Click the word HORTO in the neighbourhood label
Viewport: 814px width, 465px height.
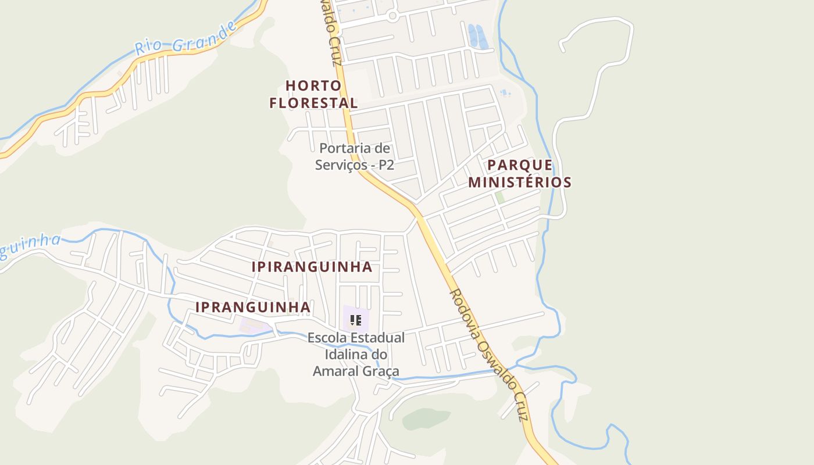tap(313, 85)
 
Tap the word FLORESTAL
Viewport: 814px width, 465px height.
tap(313, 103)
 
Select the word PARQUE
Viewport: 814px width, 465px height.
tap(520, 164)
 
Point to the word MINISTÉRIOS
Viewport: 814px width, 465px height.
tap(520, 182)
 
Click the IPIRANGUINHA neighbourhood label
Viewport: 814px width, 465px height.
tap(312, 267)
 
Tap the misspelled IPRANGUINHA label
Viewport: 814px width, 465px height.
tap(252, 306)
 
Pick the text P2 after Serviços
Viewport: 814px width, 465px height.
tap(386, 165)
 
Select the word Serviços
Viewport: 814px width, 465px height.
tap(342, 165)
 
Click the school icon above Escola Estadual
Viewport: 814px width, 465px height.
tap(356, 320)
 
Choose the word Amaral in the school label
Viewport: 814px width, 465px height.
tap(334, 371)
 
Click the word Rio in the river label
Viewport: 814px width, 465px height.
tap(147, 47)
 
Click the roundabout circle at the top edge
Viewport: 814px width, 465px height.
tap(392, 16)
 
